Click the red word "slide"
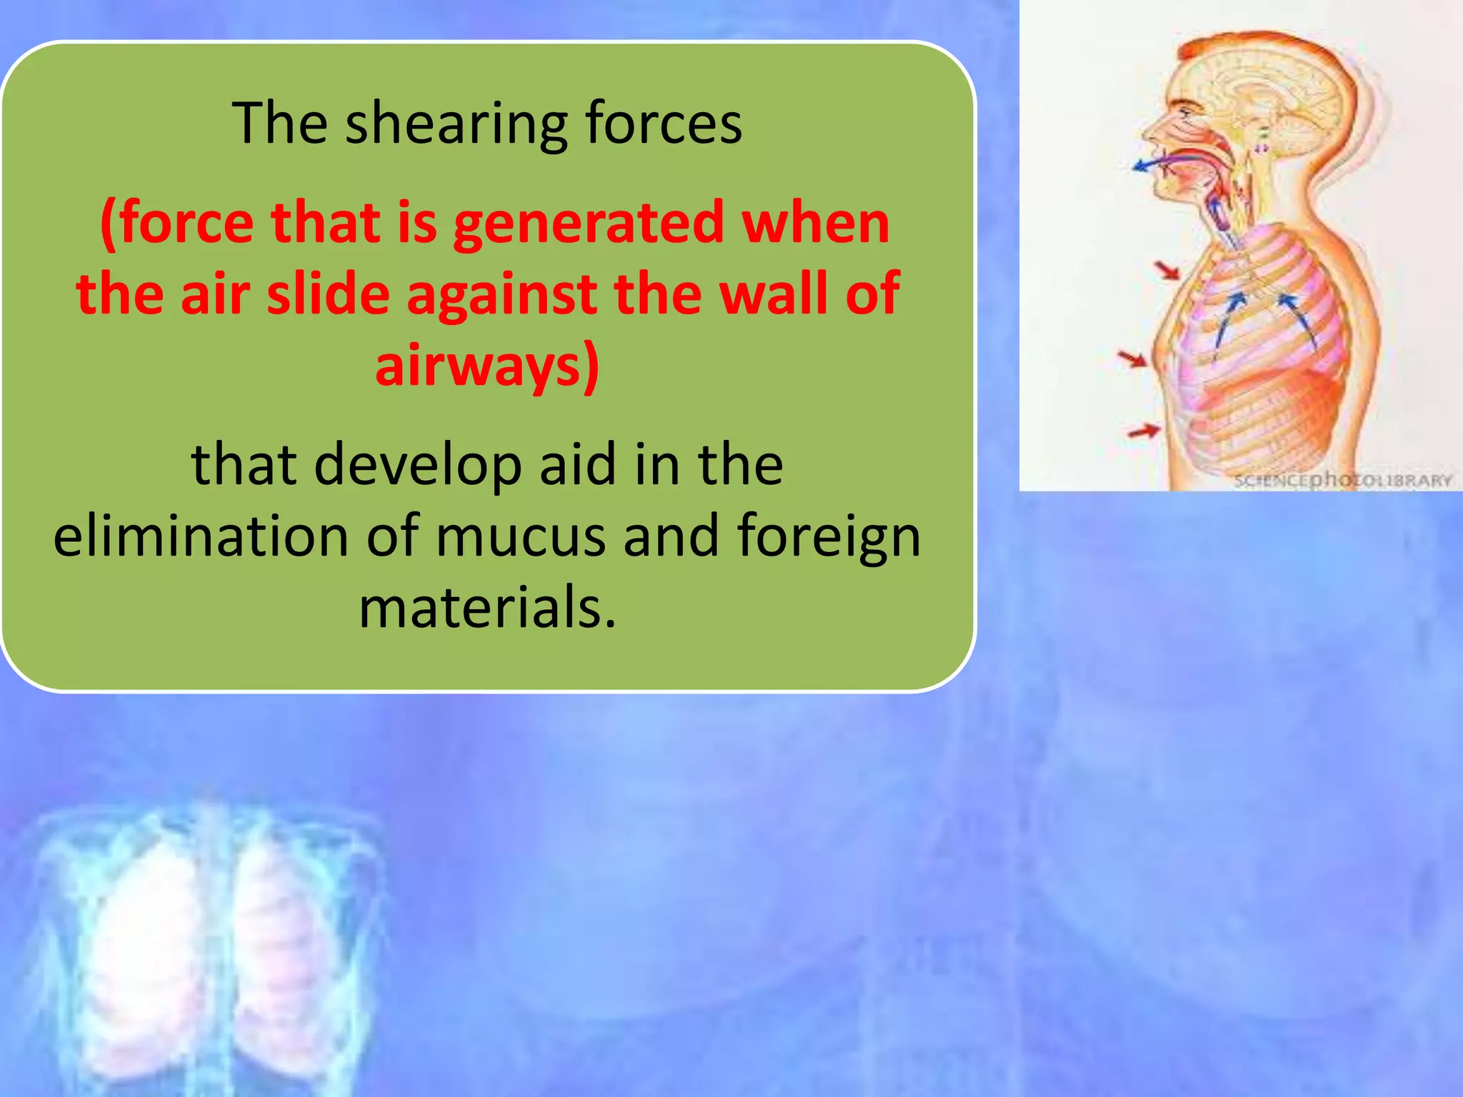(328, 294)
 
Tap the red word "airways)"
(487, 366)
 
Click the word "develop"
(417, 465)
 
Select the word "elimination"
(201, 536)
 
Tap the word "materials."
(487, 608)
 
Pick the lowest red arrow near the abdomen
(1144, 431)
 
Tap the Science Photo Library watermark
(1343, 479)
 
